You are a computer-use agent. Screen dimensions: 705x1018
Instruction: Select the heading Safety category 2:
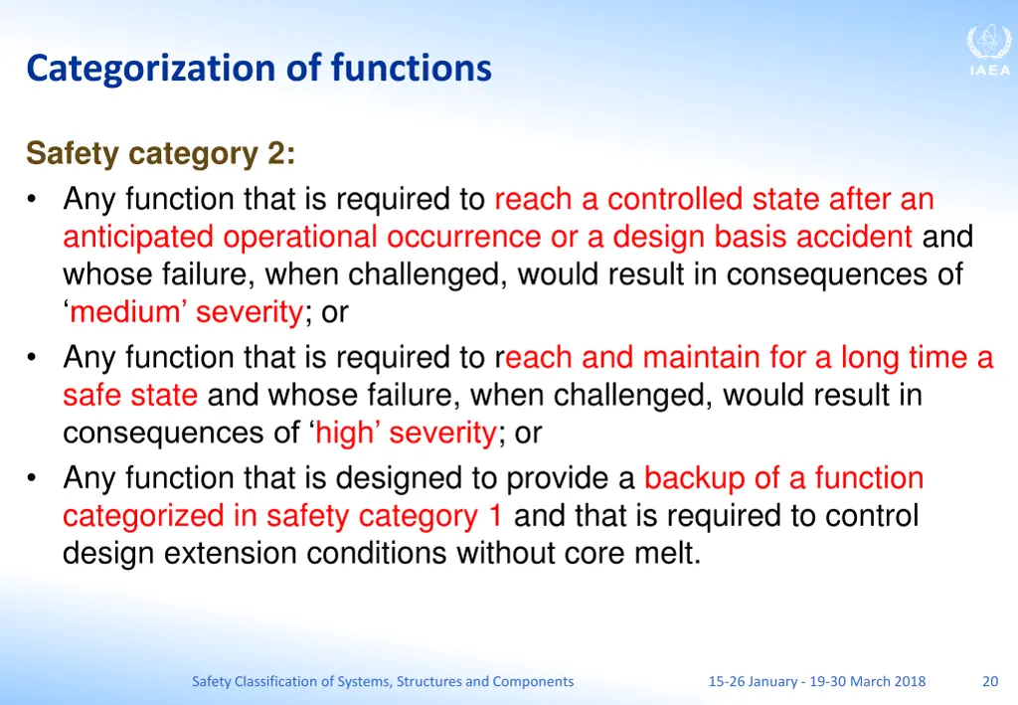pos(160,154)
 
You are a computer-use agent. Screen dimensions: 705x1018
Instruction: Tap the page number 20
pos(989,681)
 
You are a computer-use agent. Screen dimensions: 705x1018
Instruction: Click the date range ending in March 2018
pos(816,681)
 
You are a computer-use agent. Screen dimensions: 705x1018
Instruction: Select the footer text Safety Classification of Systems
pos(383,681)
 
